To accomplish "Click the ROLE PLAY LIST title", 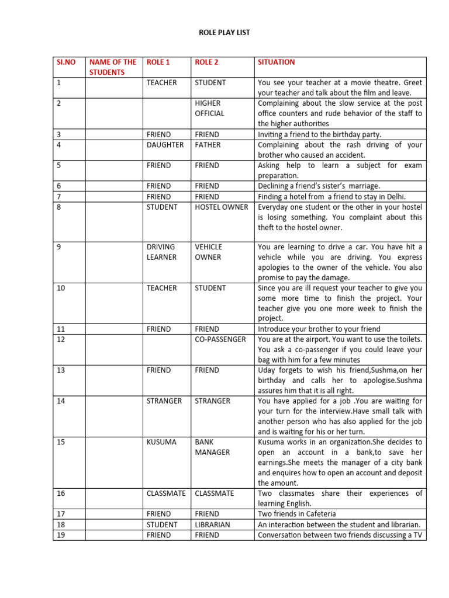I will (224, 33).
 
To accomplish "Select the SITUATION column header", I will (276, 62).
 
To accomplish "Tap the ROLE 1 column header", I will (159, 62).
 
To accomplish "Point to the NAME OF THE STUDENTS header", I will (113, 67).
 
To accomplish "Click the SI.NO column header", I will (66, 62).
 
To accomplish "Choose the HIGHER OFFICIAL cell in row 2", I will (209, 108).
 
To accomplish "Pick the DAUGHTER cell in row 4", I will (165, 145).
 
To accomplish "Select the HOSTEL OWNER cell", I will (222, 207).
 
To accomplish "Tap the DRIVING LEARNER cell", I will (161, 252).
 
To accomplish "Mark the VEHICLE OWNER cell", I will (209, 252).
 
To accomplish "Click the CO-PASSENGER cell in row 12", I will (220, 339).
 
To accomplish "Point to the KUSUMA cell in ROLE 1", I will (161, 442).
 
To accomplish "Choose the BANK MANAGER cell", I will (212, 447).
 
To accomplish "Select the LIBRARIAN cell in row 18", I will (213, 525).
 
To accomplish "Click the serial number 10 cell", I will (61, 288).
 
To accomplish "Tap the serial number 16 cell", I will (61, 493).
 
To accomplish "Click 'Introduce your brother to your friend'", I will (319, 329).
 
